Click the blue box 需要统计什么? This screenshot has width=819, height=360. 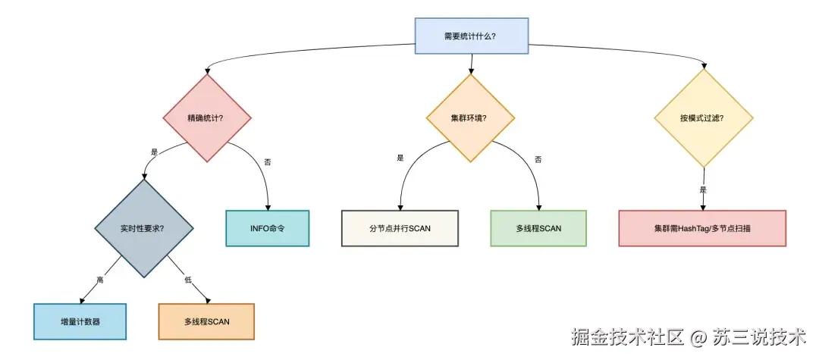tap(470, 36)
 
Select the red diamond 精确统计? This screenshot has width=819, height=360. tap(207, 117)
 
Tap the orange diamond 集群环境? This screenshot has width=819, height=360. tap(470, 117)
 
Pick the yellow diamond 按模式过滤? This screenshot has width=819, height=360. tap(703, 117)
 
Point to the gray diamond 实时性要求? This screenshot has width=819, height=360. tap(143, 227)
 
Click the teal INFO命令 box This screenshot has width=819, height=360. tap(268, 227)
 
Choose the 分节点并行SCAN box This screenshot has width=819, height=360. tap(400, 228)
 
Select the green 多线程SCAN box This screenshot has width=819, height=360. tap(538, 228)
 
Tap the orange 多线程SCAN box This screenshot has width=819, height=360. tap(206, 321)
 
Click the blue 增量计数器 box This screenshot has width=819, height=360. tap(78, 321)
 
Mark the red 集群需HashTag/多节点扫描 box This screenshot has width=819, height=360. tap(702, 228)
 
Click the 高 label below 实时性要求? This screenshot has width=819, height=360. tap(100, 280)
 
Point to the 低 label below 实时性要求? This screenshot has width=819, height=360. tap(188, 280)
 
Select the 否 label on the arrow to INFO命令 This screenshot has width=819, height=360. tap(267, 162)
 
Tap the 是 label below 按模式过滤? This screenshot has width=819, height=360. tap(703, 189)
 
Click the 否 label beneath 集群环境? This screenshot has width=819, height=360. tap(538, 159)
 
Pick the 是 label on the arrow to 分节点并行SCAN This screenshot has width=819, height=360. tap(400, 158)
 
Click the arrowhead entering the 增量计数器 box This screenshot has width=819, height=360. tap(80, 300)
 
